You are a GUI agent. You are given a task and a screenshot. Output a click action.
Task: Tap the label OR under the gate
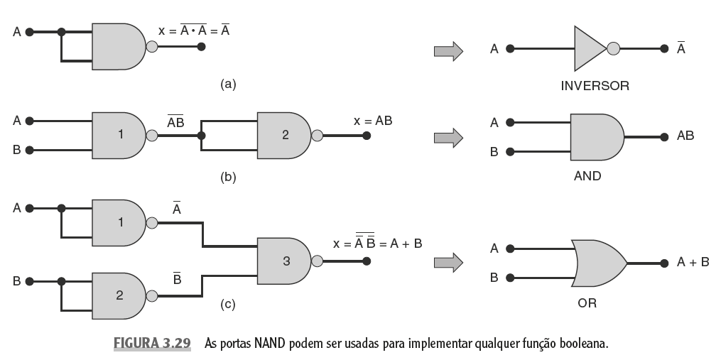tap(587, 303)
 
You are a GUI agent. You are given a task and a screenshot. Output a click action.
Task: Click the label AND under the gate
tap(587, 175)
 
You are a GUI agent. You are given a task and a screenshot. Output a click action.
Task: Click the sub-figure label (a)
tap(227, 84)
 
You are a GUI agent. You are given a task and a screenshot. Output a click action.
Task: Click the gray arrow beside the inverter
tap(448, 50)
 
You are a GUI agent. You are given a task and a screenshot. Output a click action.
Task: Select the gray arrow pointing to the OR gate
tap(448, 262)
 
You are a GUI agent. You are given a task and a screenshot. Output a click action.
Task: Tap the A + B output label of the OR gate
tap(693, 262)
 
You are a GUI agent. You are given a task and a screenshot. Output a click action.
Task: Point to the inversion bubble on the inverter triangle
tap(614, 50)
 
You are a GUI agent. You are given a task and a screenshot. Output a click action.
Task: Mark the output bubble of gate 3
tap(318, 261)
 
